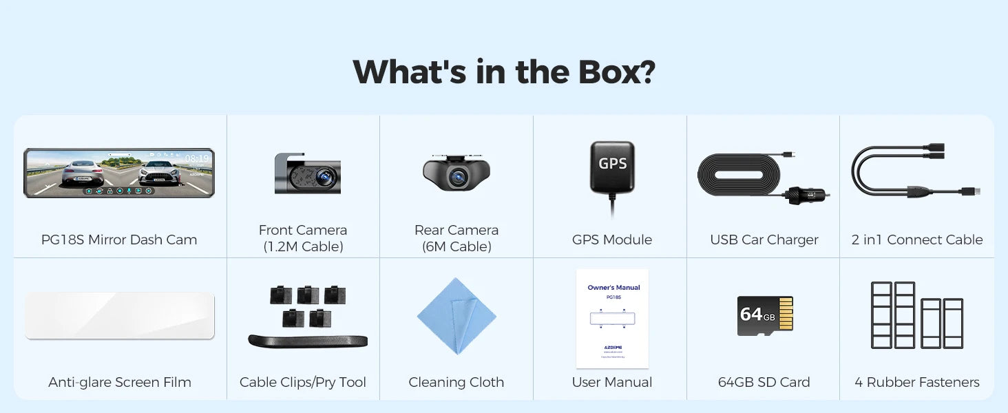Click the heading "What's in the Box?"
[503, 72]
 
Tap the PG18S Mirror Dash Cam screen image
[119, 173]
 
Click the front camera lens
[324, 177]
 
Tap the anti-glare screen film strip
[119, 315]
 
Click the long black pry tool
[307, 341]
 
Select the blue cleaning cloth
[456, 316]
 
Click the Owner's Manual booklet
[612, 318]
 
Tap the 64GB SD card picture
[764, 316]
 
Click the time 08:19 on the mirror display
[196, 159]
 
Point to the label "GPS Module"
[611, 240]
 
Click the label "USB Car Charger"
[764, 240]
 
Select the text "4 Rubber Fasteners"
[916, 383]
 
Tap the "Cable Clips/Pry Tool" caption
[302, 383]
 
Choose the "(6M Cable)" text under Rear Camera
[456, 247]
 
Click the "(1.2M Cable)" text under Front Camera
[302, 247]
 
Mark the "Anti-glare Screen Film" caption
[119, 383]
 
